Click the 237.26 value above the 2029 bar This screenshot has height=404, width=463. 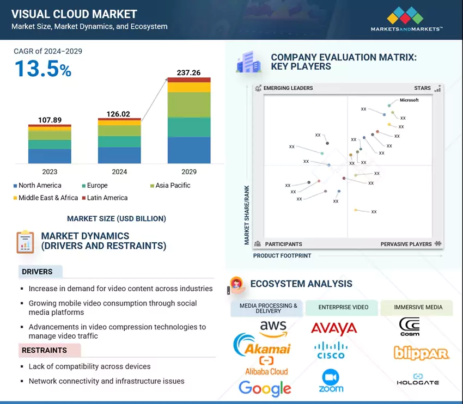188,72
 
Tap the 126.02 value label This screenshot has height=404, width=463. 119,114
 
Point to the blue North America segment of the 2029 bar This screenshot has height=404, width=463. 188,150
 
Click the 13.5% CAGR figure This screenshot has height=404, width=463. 42,69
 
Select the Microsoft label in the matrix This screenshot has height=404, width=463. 409,100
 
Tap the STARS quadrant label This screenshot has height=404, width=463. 422,88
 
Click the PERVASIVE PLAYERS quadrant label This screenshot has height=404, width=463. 406,244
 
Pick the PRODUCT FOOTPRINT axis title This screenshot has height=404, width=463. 282,255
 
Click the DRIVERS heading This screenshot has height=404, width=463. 38,272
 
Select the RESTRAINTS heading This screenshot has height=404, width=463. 44,350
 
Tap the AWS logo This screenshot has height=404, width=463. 273,328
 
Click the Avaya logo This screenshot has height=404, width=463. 334,328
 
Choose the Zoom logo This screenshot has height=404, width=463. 331,381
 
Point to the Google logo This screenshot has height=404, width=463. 265,388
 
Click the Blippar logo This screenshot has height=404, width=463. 421,353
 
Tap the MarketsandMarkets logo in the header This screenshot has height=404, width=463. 406,20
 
